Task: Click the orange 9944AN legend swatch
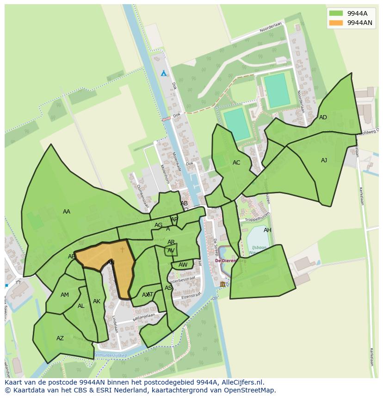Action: click(x=336, y=23)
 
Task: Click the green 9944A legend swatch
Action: click(x=336, y=13)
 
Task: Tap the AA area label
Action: click(x=67, y=212)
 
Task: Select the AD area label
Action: click(x=323, y=117)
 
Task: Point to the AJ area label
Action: click(x=324, y=160)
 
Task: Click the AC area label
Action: click(x=236, y=163)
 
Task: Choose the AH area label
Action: click(x=267, y=230)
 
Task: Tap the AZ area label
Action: click(x=60, y=338)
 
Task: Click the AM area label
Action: click(x=65, y=295)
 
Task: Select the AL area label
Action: click(x=81, y=306)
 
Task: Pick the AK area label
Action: click(x=96, y=301)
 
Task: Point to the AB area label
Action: click(x=184, y=203)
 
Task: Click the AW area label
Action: click(x=183, y=265)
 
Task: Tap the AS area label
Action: click(x=168, y=288)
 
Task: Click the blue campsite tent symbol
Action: click(x=163, y=73)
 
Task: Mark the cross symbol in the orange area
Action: click(x=123, y=250)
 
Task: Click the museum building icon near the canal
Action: click(x=222, y=284)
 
